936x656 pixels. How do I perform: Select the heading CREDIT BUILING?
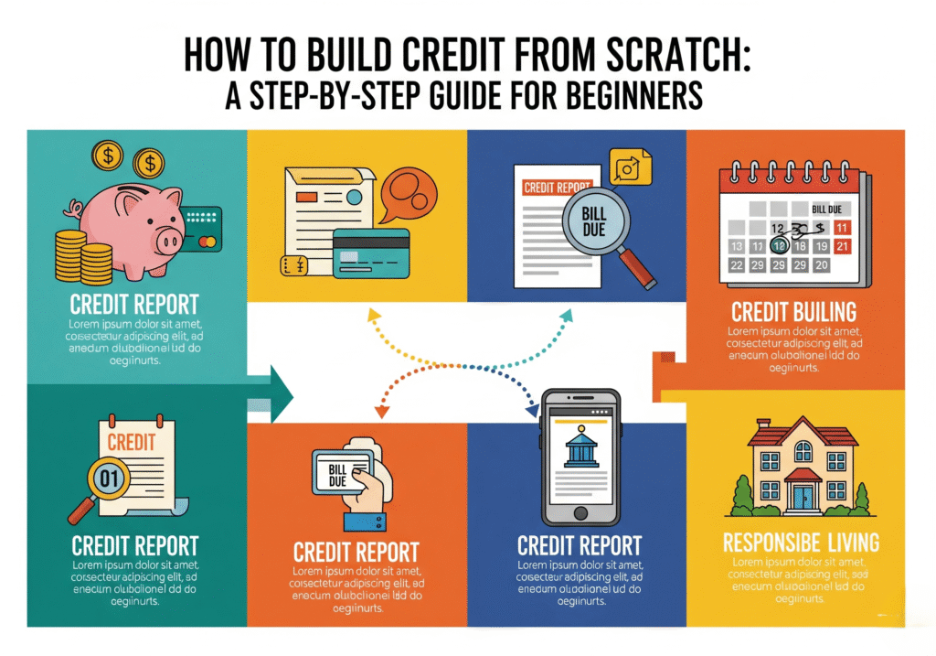[793, 310]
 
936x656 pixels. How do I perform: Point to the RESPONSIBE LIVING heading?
[801, 541]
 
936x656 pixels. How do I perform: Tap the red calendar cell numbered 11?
[842, 227]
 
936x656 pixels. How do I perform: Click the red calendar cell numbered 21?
[842, 246]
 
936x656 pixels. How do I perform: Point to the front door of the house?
[804, 494]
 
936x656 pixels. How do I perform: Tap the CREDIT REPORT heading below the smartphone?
[579, 546]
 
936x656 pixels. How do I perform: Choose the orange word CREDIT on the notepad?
[133, 442]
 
